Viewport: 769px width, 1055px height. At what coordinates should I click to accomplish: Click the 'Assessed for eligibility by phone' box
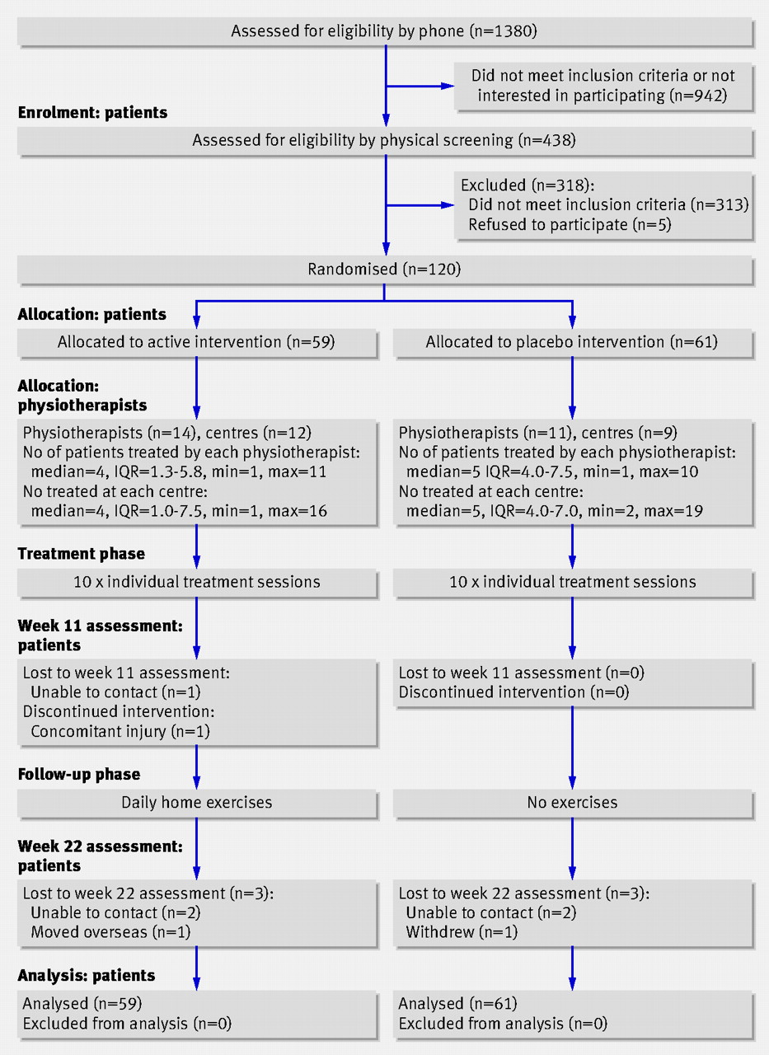tap(385, 31)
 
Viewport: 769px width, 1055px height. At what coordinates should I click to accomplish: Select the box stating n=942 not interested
tap(603, 87)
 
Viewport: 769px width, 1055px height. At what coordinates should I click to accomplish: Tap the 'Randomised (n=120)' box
tap(385, 270)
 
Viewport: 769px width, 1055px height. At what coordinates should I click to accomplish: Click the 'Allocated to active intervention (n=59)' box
tap(197, 342)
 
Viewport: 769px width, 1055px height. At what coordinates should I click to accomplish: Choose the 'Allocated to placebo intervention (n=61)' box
tap(573, 342)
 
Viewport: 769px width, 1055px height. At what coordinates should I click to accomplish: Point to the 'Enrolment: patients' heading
tap(92, 113)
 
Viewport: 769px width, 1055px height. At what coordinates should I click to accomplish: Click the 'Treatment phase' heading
tap(81, 553)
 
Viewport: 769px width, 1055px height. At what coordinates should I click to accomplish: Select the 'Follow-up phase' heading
tap(79, 774)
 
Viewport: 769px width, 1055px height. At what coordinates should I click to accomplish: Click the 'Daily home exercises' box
tap(197, 803)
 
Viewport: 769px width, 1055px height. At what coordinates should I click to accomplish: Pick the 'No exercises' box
tap(573, 803)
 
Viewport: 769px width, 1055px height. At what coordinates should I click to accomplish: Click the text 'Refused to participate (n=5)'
tap(570, 225)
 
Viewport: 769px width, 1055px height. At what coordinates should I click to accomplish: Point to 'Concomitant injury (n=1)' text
tap(120, 731)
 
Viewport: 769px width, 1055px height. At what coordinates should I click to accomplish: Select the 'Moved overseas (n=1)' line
tap(110, 932)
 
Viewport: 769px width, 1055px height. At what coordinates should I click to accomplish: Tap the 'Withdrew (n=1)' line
tap(462, 932)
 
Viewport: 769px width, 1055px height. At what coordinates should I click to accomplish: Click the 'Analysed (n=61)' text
tap(457, 1004)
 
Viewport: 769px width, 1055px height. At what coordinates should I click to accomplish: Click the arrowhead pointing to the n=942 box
tap(448, 87)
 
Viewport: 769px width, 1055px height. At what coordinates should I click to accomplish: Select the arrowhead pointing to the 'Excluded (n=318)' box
tap(448, 205)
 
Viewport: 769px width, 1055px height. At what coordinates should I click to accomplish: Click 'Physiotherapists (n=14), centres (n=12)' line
tap(167, 433)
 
